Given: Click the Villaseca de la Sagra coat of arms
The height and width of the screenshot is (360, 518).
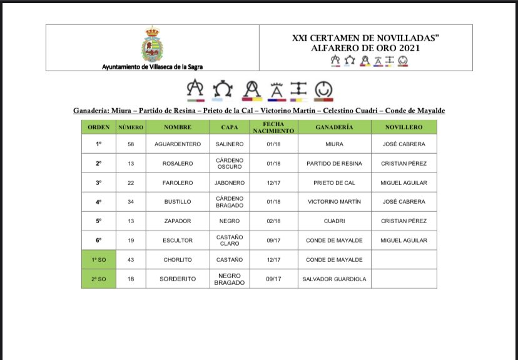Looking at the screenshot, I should pos(152,44).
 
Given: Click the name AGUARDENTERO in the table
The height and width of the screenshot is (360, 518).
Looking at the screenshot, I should pos(178,144).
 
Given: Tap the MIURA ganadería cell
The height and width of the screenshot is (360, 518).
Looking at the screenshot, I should pos(334,144).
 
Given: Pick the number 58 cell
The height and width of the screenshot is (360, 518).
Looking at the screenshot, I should pos(130,144).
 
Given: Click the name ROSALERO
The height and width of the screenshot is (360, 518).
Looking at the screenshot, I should pos(178,163).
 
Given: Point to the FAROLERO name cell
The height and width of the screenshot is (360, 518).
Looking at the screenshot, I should pos(178,182).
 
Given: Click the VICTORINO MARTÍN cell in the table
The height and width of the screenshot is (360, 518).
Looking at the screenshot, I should pos(334,202).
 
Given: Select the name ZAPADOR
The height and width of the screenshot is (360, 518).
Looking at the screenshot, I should pos(178,221).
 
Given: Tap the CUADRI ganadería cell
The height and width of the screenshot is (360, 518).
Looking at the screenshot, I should pos(334,221).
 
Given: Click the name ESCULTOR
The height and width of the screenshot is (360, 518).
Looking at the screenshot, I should pos(178,241).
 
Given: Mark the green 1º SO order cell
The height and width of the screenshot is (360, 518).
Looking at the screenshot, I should pos(98,259).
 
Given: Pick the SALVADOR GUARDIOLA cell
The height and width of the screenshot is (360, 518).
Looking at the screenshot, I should pos(334,279).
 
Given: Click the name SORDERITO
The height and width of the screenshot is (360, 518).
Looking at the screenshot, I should pos(178,279).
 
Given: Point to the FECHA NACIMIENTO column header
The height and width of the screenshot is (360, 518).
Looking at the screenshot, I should pos(274,127).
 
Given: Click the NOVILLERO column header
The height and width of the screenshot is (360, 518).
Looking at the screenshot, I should pos(404,127).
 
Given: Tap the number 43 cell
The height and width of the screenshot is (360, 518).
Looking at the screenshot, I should pos(130,259).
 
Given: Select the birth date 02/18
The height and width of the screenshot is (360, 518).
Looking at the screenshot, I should pos(274,221).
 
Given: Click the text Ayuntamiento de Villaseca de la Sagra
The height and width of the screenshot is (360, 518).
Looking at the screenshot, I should pos(153,66).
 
